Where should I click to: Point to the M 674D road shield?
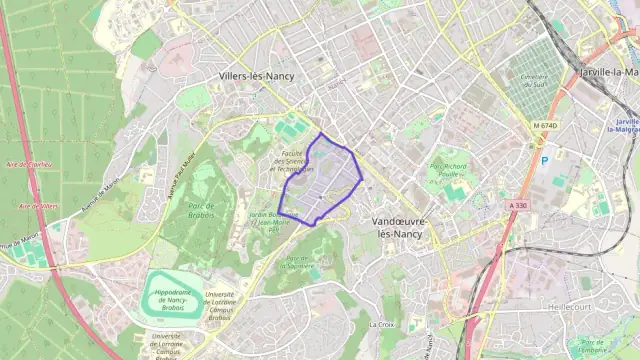pyautogui.click(x=544, y=125)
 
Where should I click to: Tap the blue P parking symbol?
pyautogui.click(x=545, y=160)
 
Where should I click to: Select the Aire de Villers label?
pyautogui.click(x=37, y=205)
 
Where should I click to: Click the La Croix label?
pyautogui.click(x=381, y=324)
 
